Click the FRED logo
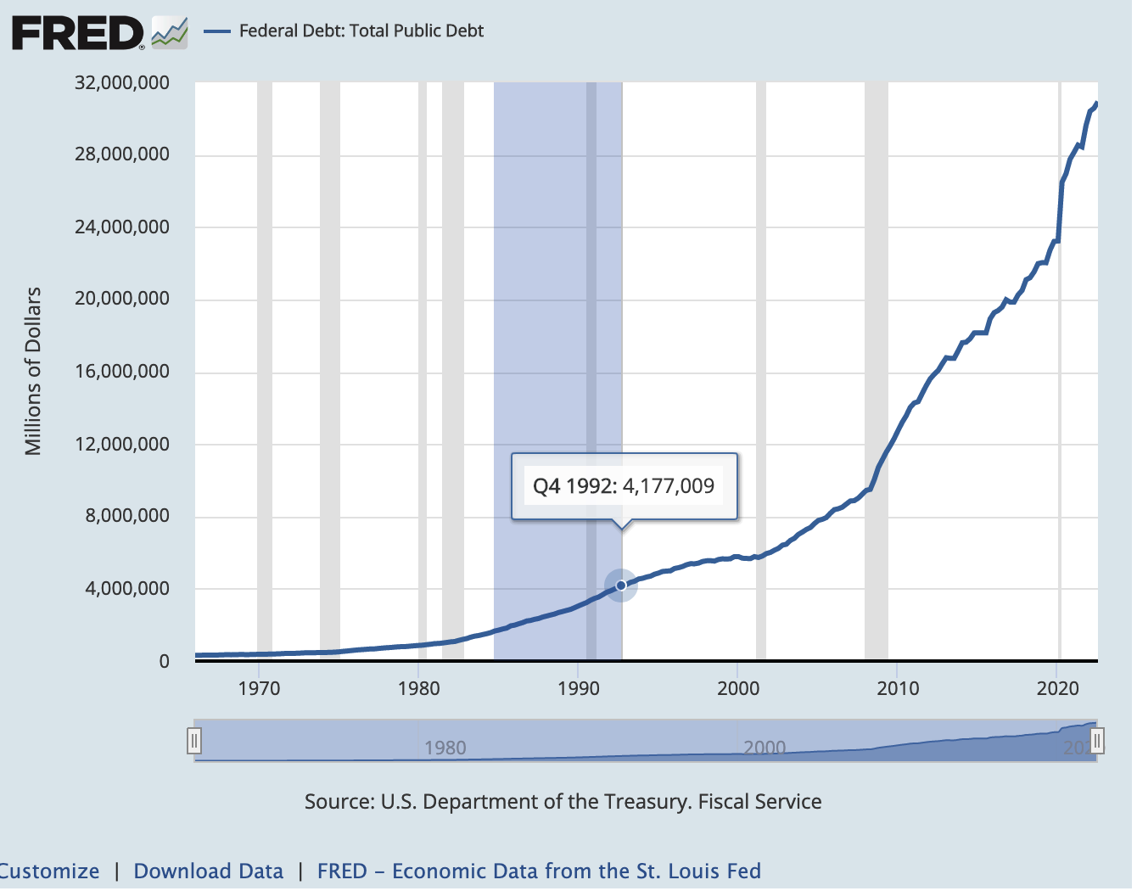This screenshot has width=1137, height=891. pyautogui.click(x=99, y=33)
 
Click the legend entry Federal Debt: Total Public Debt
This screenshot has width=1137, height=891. pyautogui.click(x=361, y=31)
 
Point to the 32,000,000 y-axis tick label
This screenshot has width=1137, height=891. pyautogui.click(x=122, y=83)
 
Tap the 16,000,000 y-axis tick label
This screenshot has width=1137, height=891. pyautogui.click(x=122, y=372)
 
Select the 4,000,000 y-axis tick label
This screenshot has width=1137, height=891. pyautogui.click(x=127, y=589)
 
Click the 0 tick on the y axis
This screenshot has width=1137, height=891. pyautogui.click(x=165, y=662)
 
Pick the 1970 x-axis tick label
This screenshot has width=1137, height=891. pyautogui.click(x=259, y=688)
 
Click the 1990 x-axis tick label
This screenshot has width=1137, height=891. pyautogui.click(x=579, y=688)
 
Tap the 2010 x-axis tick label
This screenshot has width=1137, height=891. pyautogui.click(x=898, y=688)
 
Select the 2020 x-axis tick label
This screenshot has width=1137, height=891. pyautogui.click(x=1057, y=688)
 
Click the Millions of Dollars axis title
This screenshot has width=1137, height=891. pyautogui.click(x=33, y=371)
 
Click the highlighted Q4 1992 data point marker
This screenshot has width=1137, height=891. pyautogui.click(x=621, y=586)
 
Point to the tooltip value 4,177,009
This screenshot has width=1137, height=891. pyautogui.click(x=669, y=486)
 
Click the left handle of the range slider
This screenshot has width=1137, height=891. pyautogui.click(x=194, y=741)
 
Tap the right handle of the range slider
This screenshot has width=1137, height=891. pyautogui.click(x=1096, y=741)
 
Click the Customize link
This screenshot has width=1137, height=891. pyautogui.click(x=49, y=871)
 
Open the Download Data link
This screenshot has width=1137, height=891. pyautogui.click(x=209, y=871)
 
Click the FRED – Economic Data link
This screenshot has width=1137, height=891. pyautogui.click(x=539, y=871)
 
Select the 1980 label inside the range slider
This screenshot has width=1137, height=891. pyautogui.click(x=445, y=748)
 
